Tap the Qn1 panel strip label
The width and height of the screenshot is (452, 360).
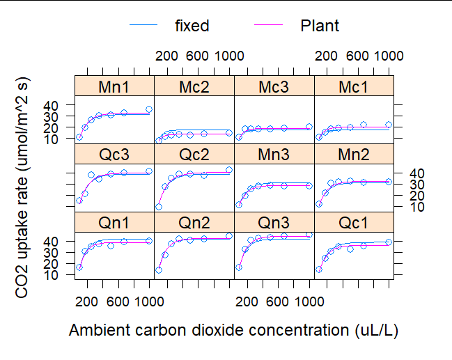click(x=114, y=223)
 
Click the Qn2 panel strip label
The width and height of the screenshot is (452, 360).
click(x=194, y=223)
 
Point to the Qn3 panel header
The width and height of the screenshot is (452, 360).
click(x=274, y=223)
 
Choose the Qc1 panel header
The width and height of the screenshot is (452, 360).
click(x=354, y=223)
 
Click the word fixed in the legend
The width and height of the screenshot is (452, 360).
click(x=192, y=26)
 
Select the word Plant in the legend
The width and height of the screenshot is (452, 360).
click(x=320, y=26)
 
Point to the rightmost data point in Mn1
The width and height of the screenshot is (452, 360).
click(x=149, y=109)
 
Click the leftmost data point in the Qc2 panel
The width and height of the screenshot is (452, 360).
click(x=159, y=207)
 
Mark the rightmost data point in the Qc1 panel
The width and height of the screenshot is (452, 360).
click(x=389, y=242)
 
